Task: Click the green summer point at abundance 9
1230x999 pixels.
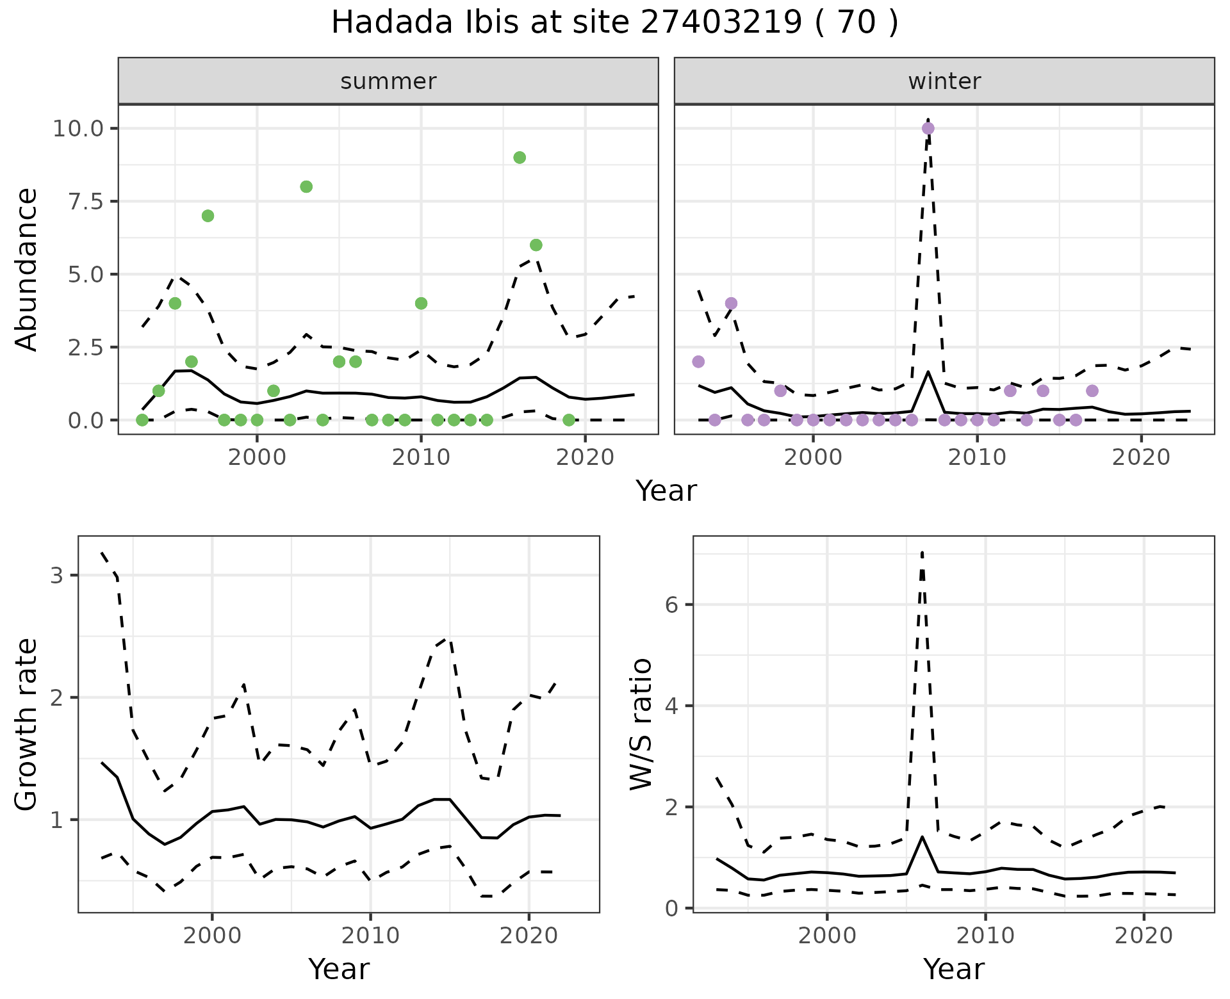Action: click(x=520, y=158)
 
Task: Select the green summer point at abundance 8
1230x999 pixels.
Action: click(x=306, y=186)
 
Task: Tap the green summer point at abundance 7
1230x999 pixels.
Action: click(x=208, y=216)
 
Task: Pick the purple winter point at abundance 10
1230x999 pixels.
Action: click(x=928, y=128)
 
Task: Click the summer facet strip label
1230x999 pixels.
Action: click(x=388, y=81)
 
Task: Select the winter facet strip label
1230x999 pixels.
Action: click(x=944, y=81)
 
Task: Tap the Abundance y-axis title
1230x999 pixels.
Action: click(x=26, y=269)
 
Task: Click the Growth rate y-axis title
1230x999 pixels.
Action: click(x=26, y=725)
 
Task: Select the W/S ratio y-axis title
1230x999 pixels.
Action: click(x=641, y=724)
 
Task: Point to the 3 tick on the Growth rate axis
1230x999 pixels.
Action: click(x=57, y=575)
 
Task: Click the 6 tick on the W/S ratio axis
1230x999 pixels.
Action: click(x=672, y=605)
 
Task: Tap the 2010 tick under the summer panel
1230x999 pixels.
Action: click(x=421, y=458)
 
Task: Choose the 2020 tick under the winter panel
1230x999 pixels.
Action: click(x=1141, y=458)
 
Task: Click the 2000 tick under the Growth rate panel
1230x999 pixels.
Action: click(x=212, y=936)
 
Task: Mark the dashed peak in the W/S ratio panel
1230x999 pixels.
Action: click(x=922, y=552)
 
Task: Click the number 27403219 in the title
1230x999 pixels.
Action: click(x=721, y=23)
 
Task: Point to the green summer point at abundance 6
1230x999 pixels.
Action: click(x=536, y=245)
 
